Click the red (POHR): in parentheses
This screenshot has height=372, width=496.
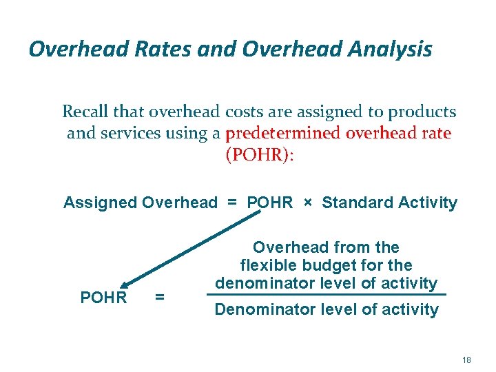click(260, 155)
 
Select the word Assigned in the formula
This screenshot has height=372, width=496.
click(100, 203)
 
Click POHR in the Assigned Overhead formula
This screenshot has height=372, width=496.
click(269, 203)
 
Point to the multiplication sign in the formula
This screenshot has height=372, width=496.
click(307, 203)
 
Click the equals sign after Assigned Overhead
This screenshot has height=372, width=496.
click(232, 203)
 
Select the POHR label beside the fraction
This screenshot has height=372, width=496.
click(104, 298)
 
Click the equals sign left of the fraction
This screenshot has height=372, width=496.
click(160, 298)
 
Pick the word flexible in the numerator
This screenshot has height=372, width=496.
click(265, 265)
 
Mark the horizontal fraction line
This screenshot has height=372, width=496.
click(327, 295)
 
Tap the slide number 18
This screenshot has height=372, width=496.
click(466, 360)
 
